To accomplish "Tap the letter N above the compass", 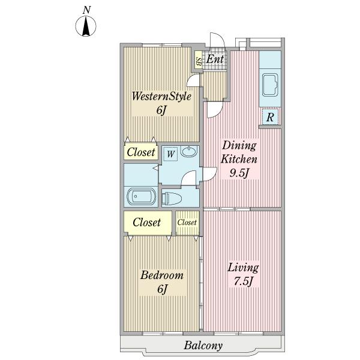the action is coord(86,10).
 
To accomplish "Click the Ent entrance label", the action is coord(215,59).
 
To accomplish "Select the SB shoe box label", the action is coord(199,62).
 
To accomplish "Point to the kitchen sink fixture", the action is coord(270,85).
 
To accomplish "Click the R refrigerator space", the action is coord(270,117).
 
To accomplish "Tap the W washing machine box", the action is coord(170,154).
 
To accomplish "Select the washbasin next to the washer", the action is coord(189,152).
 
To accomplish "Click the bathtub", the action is coord(141,197).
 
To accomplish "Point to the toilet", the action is coord(172,199).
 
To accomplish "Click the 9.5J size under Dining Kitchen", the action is coord(239,173).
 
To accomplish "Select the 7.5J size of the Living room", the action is coord(243,281).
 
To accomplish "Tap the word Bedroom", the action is coord(162,275).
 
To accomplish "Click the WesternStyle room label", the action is coord(161,97).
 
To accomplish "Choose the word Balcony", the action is coord(203,346).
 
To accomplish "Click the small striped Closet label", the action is coord(187,222).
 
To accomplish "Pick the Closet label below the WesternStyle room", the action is coord(141,152).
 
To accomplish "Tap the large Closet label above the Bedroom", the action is coord(147,222).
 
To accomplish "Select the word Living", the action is coord(243,268).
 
